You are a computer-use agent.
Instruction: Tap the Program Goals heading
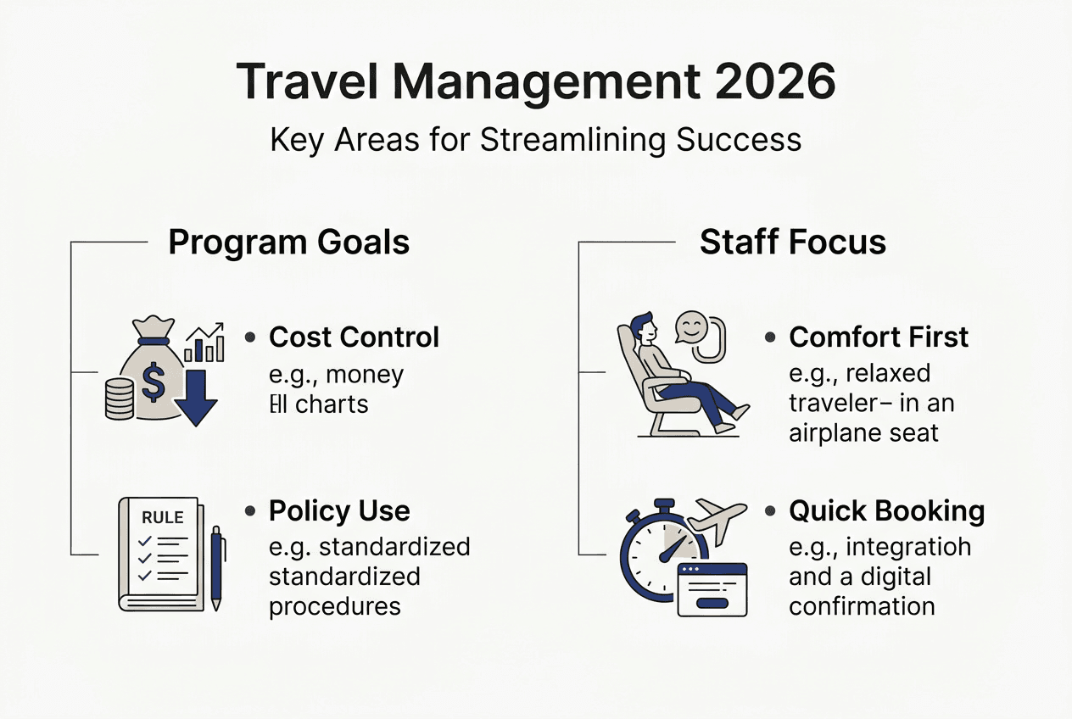[288, 242]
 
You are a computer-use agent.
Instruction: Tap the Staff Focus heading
[792, 242]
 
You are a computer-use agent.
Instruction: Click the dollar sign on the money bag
[153, 382]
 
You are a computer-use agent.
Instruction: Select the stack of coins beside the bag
[120, 399]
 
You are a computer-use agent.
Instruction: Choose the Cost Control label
[354, 337]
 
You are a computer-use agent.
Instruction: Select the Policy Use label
[339, 511]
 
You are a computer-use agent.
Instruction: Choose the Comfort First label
[878, 337]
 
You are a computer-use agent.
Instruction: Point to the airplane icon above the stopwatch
[717, 519]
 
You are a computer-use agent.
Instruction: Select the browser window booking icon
[712, 588]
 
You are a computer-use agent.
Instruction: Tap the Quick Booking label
[886, 511]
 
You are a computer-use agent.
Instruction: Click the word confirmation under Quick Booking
[862, 606]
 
